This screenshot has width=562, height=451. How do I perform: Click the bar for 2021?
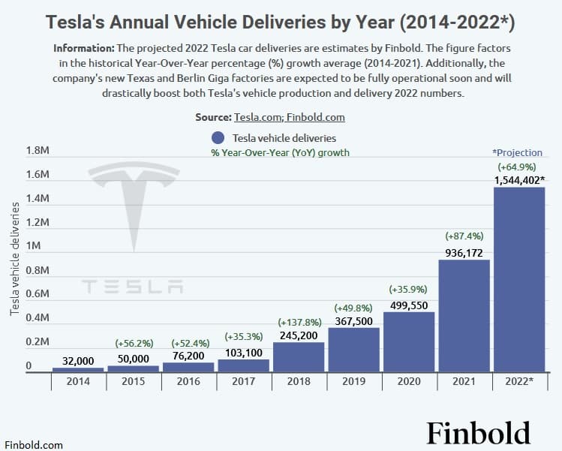tap(464, 316)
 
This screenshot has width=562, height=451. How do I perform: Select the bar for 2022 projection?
tap(519, 280)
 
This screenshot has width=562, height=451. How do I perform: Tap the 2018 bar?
tap(299, 357)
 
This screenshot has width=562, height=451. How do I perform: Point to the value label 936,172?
tap(464, 253)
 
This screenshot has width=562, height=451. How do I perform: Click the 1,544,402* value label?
tap(520, 180)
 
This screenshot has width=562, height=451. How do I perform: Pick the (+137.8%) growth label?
tap(299, 322)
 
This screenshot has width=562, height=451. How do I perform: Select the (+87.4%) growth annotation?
tap(464, 236)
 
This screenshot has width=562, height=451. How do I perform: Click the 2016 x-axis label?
tap(188, 381)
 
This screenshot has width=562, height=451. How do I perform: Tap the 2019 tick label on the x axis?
tap(353, 381)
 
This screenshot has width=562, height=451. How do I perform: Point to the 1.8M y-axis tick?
tap(38, 150)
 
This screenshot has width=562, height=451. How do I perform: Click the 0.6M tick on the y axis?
tap(38, 293)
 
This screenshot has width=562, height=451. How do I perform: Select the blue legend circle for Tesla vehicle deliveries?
tap(218, 137)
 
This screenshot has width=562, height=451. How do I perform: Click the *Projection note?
tap(517, 153)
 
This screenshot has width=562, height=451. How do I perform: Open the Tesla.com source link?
tap(258, 117)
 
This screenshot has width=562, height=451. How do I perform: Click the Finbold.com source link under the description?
tap(315, 117)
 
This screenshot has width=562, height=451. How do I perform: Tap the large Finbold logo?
tap(479, 433)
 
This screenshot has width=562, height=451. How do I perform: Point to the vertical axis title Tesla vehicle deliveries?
tap(15, 259)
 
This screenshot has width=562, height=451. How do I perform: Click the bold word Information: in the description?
tap(84, 48)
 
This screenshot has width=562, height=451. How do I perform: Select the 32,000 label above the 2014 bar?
tap(78, 361)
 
